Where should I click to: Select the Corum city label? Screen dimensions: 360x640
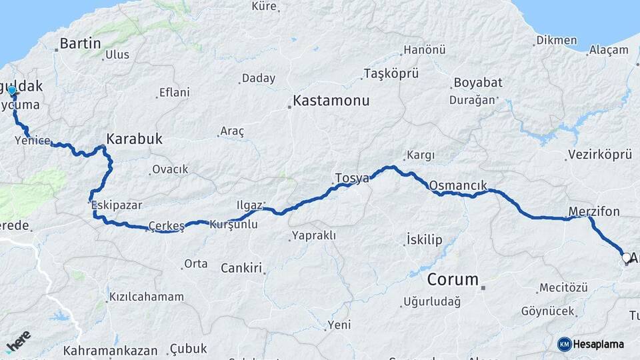453,279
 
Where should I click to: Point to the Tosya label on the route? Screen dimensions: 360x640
352,178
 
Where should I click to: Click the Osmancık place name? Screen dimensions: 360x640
459,185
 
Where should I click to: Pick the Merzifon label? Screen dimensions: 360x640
594,211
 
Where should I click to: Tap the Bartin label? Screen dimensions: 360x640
80,44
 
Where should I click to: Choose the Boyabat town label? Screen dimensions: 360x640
478,83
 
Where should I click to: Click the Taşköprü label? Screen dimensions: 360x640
391,73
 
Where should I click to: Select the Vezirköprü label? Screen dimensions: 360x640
599,155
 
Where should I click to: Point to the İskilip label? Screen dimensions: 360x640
424,239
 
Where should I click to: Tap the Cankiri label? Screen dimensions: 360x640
241,267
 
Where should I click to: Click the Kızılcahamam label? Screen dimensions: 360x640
146,296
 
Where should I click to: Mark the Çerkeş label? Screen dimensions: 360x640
167,225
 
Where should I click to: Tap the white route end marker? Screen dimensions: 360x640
625,257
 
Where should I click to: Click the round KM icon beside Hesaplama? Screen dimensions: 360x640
564,344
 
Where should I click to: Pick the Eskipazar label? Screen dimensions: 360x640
118,205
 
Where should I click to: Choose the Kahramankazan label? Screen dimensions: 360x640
111,350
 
